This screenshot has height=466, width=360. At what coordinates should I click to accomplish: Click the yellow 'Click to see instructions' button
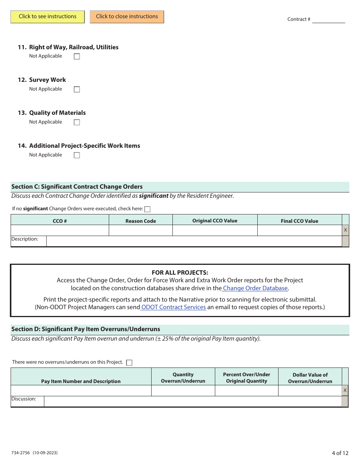48,17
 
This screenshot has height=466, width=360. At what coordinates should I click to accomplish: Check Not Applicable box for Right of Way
77,56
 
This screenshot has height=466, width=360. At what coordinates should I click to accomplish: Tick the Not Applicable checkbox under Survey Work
77,89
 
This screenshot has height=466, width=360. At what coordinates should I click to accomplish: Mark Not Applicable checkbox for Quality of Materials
77,122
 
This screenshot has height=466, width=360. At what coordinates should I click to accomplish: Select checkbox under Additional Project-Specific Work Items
77,155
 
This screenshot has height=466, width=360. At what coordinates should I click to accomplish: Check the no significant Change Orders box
147,209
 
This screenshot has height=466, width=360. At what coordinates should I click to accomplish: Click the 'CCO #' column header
60,221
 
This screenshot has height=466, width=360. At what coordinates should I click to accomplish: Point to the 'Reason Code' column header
141,221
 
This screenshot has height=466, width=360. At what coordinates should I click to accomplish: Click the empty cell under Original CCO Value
215,230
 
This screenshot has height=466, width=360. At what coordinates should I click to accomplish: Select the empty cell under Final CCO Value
299,230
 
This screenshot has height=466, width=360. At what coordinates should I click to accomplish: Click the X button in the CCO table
345,230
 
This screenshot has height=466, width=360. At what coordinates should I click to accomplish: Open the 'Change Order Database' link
255,288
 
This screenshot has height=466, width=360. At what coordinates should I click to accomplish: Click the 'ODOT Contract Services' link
174,307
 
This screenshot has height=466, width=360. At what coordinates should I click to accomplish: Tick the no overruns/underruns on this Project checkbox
129,363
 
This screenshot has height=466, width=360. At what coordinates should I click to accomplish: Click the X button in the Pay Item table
345,391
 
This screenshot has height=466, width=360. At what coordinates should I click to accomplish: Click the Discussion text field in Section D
193,402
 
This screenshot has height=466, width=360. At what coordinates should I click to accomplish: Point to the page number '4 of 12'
340,453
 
